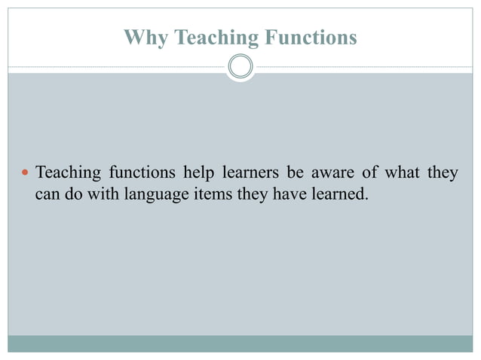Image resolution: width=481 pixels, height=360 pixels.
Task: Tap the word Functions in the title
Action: click(310, 37)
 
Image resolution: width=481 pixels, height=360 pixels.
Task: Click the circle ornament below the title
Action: click(240, 67)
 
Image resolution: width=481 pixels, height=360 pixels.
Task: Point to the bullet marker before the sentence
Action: click(25, 174)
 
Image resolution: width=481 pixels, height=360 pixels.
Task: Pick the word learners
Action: click(251, 174)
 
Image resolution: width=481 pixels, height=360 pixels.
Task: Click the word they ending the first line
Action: click(443, 174)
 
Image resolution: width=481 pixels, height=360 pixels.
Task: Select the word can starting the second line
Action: click(47, 194)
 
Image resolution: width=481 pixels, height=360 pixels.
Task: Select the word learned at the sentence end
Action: click(335, 194)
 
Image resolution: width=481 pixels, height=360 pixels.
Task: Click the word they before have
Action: click(243, 194)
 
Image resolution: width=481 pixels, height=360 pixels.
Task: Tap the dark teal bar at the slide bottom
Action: click(240, 343)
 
